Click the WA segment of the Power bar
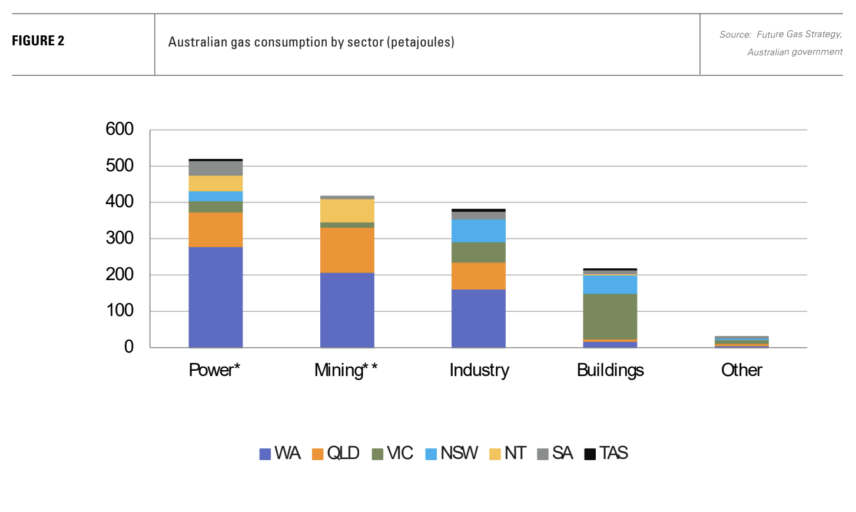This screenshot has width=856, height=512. click(215, 297)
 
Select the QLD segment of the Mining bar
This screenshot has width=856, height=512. click(347, 250)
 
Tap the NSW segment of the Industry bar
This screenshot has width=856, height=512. click(478, 231)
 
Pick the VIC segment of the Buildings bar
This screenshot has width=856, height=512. click(610, 316)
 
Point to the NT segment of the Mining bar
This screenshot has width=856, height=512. click(347, 211)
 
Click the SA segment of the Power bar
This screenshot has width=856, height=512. click(215, 168)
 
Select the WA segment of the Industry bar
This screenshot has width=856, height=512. click(478, 318)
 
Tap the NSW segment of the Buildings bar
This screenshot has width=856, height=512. click(610, 284)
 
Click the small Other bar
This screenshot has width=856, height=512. click(741, 342)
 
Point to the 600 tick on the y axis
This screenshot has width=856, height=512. click(120, 129)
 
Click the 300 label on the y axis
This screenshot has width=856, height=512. click(120, 238)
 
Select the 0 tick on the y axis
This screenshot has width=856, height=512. click(128, 347)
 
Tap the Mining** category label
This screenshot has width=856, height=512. click(346, 370)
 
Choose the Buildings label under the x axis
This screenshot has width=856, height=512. click(610, 370)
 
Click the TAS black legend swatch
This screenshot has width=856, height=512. click(590, 454)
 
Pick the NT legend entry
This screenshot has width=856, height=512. click(508, 453)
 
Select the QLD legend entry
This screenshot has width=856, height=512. click(336, 453)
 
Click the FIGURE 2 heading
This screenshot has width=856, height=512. click(38, 41)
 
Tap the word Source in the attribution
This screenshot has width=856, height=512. click(735, 35)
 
